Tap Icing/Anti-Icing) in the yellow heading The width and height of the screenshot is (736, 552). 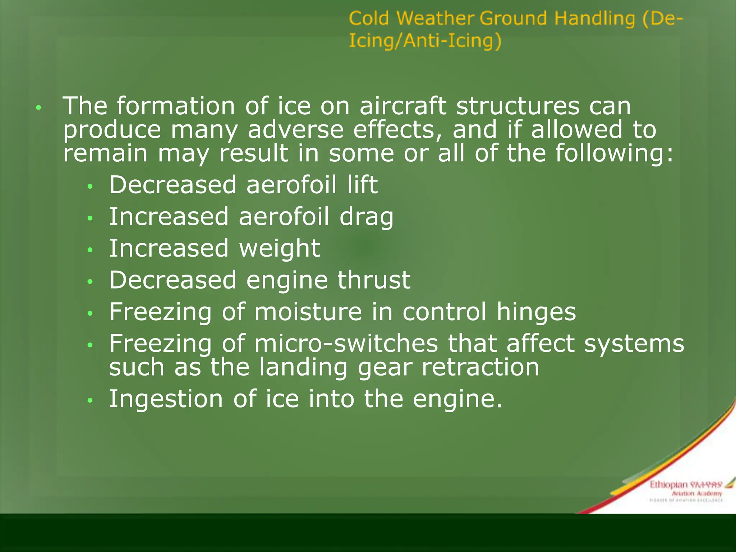tap(425, 41)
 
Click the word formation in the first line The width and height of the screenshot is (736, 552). tap(176, 106)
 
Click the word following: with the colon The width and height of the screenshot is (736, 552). tap(614, 153)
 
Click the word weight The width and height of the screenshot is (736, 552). tap(279, 249)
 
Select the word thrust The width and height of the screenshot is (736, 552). tap(374, 280)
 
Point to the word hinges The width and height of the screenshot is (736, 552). tap(536, 312)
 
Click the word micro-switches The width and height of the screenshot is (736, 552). tap(346, 344)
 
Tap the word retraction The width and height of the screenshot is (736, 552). tap(480, 368)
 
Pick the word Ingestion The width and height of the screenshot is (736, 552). tap(166, 400)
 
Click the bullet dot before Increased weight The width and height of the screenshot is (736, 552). tap(90, 250)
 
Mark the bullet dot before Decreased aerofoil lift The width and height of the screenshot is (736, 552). tap(90, 186)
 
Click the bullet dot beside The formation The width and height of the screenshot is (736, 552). tap(39, 107)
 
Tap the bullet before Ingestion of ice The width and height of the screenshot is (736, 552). tap(90, 400)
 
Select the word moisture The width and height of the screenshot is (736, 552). tap(308, 312)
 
